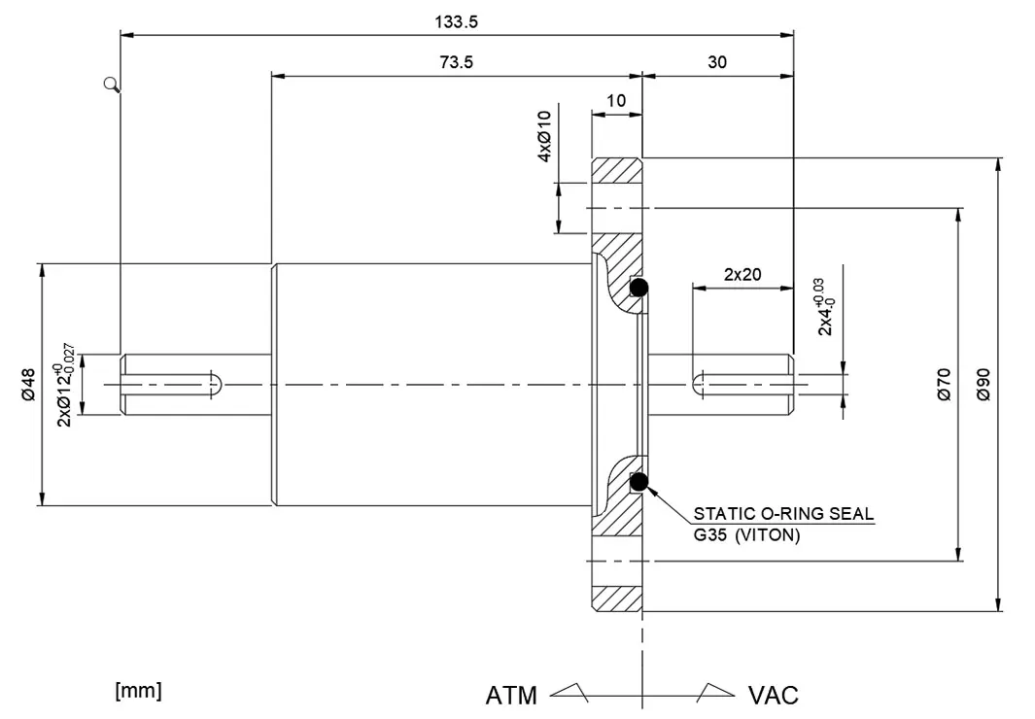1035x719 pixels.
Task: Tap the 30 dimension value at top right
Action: click(717, 62)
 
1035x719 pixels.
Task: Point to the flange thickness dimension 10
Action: click(616, 100)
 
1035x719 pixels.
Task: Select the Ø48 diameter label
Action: click(28, 384)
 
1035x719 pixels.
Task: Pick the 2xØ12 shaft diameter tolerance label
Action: click(66, 384)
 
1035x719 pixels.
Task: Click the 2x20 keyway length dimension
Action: click(742, 275)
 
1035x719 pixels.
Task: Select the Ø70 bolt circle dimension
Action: click(944, 384)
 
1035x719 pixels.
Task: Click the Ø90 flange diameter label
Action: click(983, 384)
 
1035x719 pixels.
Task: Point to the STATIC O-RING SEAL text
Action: click(783, 513)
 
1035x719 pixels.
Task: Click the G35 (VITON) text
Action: click(746, 534)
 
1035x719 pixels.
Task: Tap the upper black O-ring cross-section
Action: click(639, 288)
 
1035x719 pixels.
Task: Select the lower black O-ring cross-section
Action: click(639, 480)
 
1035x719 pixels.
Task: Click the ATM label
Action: click(511, 695)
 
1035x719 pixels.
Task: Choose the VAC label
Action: click(773, 695)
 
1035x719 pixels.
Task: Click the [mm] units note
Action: click(138, 691)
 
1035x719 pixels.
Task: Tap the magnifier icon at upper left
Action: click(112, 85)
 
